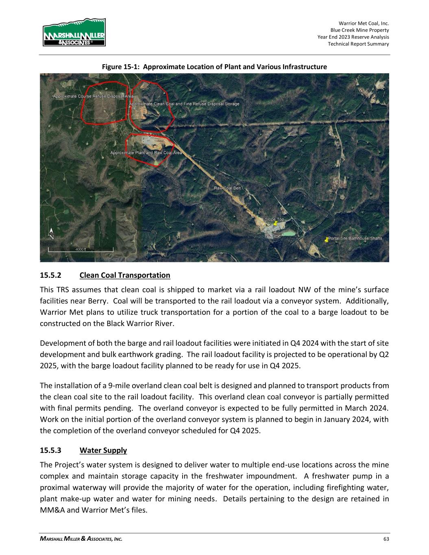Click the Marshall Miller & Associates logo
pyautogui.click(x=74, y=33)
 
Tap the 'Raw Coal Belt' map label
pyautogui.click(x=227, y=188)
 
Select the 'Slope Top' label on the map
pyautogui.click(x=274, y=219)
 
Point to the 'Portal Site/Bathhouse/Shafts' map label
pyautogui.click(x=355, y=238)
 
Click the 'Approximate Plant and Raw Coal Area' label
pyautogui.click(x=146, y=152)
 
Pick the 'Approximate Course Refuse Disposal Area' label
pyautogui.click(x=94, y=96)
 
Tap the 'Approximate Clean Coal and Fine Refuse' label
pyautogui.click(x=184, y=104)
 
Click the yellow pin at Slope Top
pyautogui.click(x=275, y=223)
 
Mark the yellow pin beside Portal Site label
pyautogui.click(x=326, y=240)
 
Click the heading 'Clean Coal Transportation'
pyautogui.click(x=125, y=275)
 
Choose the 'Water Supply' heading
pyautogui.click(x=103, y=450)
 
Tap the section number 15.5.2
pyautogui.click(x=50, y=275)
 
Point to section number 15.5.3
pyautogui.click(x=50, y=450)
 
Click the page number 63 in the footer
pyautogui.click(x=386, y=539)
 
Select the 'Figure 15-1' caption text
pyautogui.click(x=214, y=67)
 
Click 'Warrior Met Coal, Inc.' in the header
pyautogui.click(x=364, y=24)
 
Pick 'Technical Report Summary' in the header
pyautogui.click(x=358, y=44)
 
